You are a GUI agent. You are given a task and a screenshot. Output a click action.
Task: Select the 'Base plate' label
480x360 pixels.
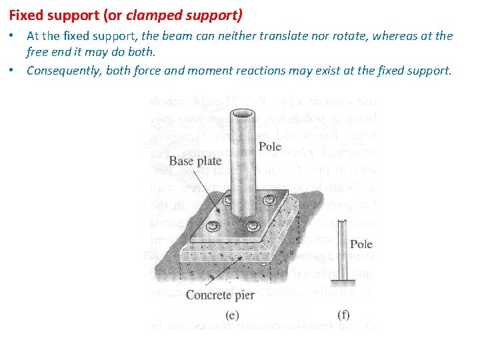(x=195, y=161)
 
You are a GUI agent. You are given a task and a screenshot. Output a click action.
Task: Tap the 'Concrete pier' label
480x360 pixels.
(x=220, y=295)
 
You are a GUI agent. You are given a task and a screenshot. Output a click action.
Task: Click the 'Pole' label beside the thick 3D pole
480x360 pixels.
(x=270, y=147)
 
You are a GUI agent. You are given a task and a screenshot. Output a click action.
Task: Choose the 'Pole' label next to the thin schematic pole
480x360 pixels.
(x=361, y=244)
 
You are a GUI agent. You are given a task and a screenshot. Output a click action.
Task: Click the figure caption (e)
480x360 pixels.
(x=232, y=315)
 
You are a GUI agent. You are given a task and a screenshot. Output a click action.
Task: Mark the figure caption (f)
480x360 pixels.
(x=343, y=315)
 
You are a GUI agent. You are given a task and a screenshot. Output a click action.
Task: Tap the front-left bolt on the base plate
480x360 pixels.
(x=213, y=227)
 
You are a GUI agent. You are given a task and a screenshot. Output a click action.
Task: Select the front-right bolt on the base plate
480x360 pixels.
(x=252, y=227)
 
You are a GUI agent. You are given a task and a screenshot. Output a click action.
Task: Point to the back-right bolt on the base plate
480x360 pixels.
(x=268, y=200)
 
